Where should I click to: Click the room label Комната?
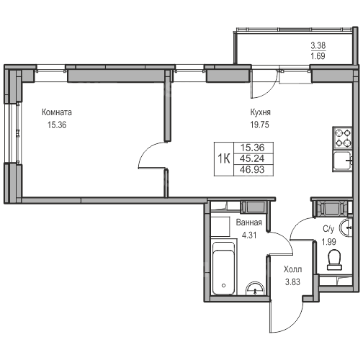pyautogui.click(x=57, y=112)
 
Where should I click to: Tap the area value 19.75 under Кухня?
pyautogui.click(x=260, y=125)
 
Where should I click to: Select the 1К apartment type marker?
pyautogui.click(x=224, y=158)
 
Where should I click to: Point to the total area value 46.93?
pyautogui.click(x=252, y=170)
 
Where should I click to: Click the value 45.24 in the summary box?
pyautogui.click(x=252, y=158)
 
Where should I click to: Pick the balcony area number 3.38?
pyautogui.click(x=318, y=45)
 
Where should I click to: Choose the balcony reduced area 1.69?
pyautogui.click(x=318, y=56)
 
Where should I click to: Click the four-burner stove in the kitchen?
pyautogui.click(x=342, y=138)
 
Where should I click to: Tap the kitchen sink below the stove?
pyautogui.click(x=342, y=161)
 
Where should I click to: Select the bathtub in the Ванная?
pyautogui.click(x=224, y=269)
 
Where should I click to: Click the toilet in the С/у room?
pyautogui.click(x=334, y=260)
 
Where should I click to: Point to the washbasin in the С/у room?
pyautogui.click(x=345, y=227)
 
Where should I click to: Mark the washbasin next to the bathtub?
pyautogui.click(x=255, y=289)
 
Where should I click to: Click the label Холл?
pyautogui.click(x=292, y=269)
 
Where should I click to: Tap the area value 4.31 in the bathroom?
pyautogui.click(x=249, y=235)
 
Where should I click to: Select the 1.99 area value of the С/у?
pyautogui.click(x=328, y=242)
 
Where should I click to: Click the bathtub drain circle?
pyautogui.click(x=224, y=285)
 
